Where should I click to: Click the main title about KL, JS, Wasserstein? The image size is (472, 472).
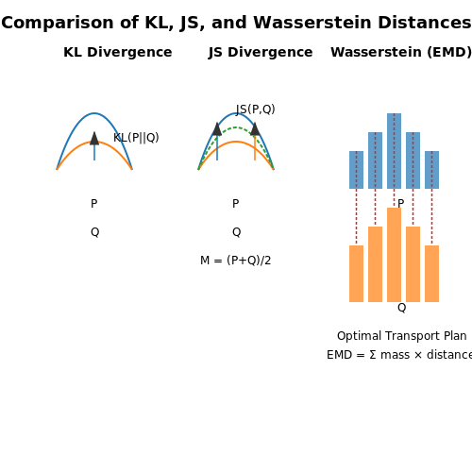coord(236,23)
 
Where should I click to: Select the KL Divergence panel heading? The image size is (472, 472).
coord(118,52)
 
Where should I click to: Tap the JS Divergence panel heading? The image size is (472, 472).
coord(261,52)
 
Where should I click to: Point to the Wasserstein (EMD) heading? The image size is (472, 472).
coord(401,52)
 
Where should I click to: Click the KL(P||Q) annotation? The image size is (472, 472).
coord(136,138)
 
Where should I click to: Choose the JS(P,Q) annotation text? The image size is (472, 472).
coord(255,110)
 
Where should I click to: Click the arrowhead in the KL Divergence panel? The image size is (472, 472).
coord(94,139)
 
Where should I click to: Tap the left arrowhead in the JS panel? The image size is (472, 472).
coord(217,129)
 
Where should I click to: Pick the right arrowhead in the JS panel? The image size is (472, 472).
coord(255,129)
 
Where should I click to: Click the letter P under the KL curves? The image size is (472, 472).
coord(93,204)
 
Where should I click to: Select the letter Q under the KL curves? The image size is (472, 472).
coord(94,232)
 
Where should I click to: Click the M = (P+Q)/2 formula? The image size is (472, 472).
coord(235,261)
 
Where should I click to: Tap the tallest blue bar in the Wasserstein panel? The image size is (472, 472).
coord(394,151)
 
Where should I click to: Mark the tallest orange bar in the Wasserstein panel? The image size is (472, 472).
coord(394,255)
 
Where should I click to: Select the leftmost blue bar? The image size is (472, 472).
coord(356,170)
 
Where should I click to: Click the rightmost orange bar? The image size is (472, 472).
coord(431,274)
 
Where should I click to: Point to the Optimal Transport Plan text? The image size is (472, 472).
coord(401,336)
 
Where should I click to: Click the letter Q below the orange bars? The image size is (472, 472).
coord(401,308)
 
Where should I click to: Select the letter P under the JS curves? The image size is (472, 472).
coord(235,204)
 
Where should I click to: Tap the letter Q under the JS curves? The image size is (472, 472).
coord(236,232)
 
